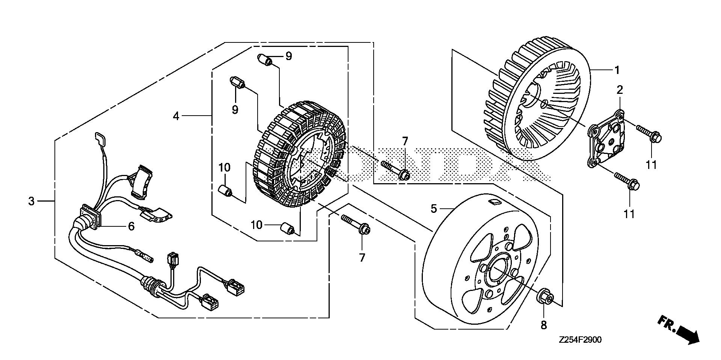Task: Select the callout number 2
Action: tap(620, 90)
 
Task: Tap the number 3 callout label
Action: tap(32, 201)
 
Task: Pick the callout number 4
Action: tap(176, 116)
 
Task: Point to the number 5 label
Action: tap(434, 208)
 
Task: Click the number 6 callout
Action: tap(131, 226)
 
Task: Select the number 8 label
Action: tap(544, 325)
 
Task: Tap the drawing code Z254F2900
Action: tap(580, 340)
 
